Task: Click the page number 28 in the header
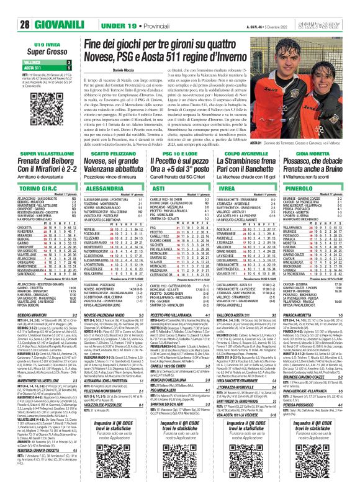(x=25, y=25)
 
